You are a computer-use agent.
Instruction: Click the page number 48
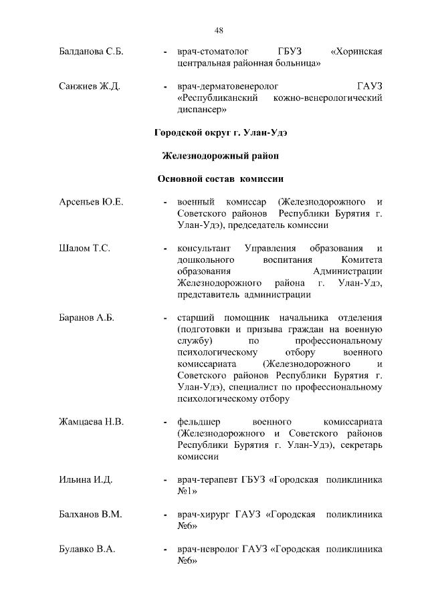coord(219,29)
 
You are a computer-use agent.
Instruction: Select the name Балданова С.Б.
coord(87,51)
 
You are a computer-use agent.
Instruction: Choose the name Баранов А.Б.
coord(83,318)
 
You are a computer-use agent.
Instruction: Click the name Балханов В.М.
coord(85,515)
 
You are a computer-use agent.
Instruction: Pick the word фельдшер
coord(199,422)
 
